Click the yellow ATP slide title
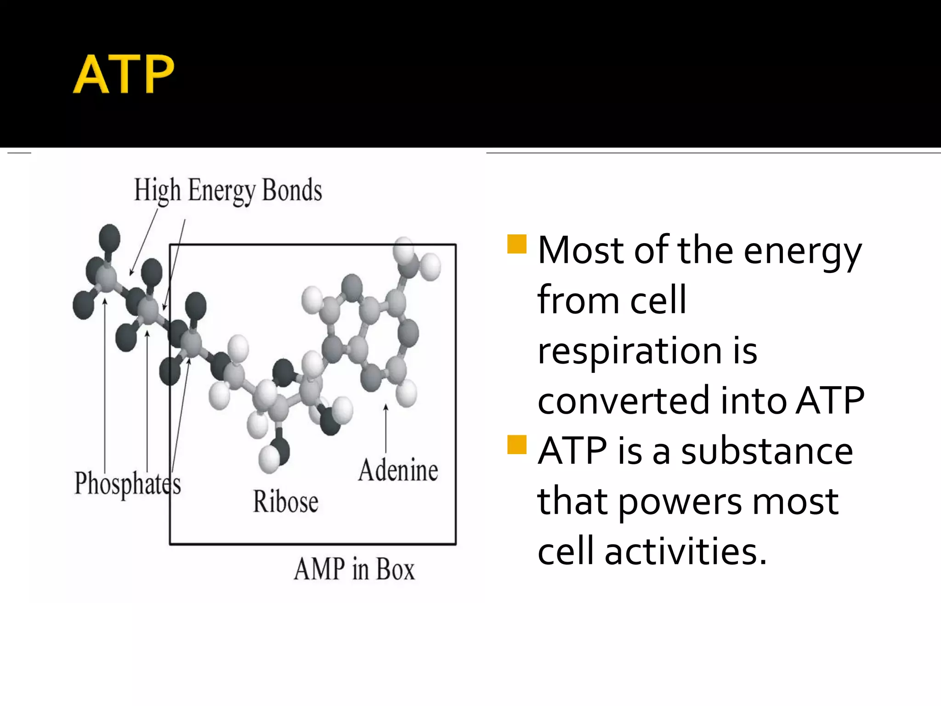pos(124,74)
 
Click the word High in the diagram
pos(157,190)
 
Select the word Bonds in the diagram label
pos(292,190)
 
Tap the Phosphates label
pos(127,484)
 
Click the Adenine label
pos(398,470)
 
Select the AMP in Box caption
pos(354,569)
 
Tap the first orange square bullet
pos(516,244)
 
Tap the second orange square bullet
pos(516,444)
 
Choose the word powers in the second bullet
pos(680,502)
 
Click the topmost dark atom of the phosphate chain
pos(109,238)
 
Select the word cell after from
pos(658,300)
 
